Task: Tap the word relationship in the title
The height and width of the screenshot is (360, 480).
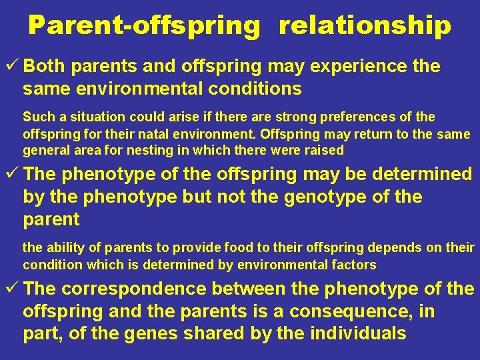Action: pos(365,25)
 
